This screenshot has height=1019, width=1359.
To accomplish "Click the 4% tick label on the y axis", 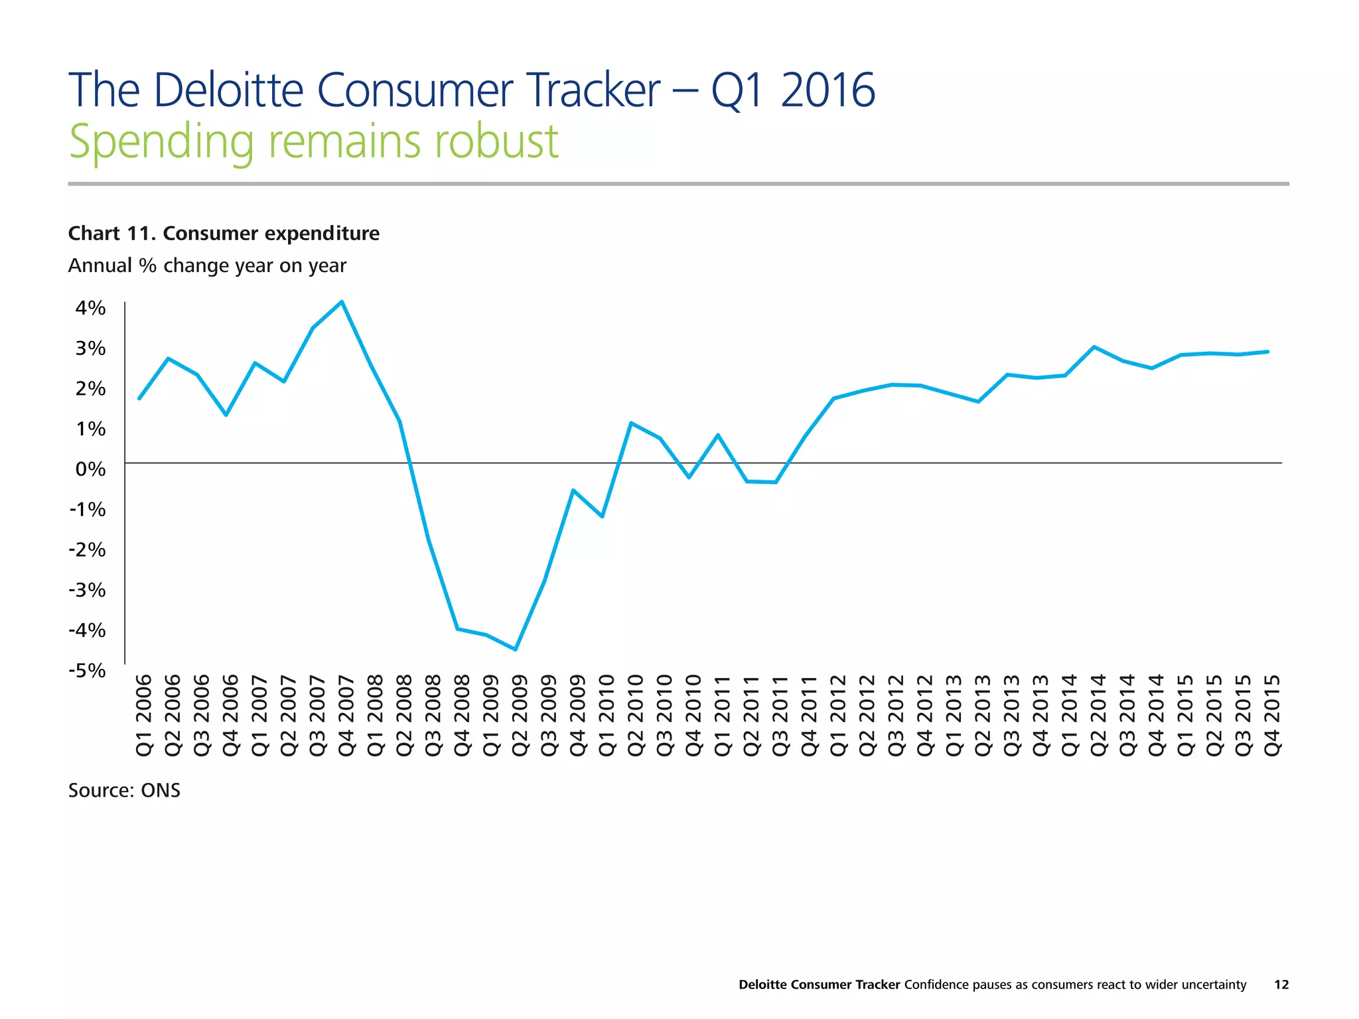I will [x=90, y=308].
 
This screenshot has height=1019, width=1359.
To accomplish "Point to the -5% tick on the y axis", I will [x=87, y=671].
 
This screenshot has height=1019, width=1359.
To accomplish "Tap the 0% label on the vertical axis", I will [x=90, y=470].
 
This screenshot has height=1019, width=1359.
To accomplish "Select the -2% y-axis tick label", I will [x=87, y=550].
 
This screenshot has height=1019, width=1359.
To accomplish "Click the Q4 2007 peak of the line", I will [x=342, y=302].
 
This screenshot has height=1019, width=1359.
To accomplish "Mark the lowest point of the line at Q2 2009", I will [x=516, y=649].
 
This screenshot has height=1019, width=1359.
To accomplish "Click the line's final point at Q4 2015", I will [x=1268, y=352].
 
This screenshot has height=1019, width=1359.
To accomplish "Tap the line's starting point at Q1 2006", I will [x=139, y=399].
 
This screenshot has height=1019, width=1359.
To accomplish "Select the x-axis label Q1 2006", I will [x=145, y=715].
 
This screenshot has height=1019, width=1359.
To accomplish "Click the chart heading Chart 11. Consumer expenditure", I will [x=224, y=234].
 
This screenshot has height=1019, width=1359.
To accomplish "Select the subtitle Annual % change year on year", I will [x=207, y=265].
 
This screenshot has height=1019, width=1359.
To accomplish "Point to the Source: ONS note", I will [x=124, y=791].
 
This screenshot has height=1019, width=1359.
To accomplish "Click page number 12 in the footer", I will [x=1281, y=985].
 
